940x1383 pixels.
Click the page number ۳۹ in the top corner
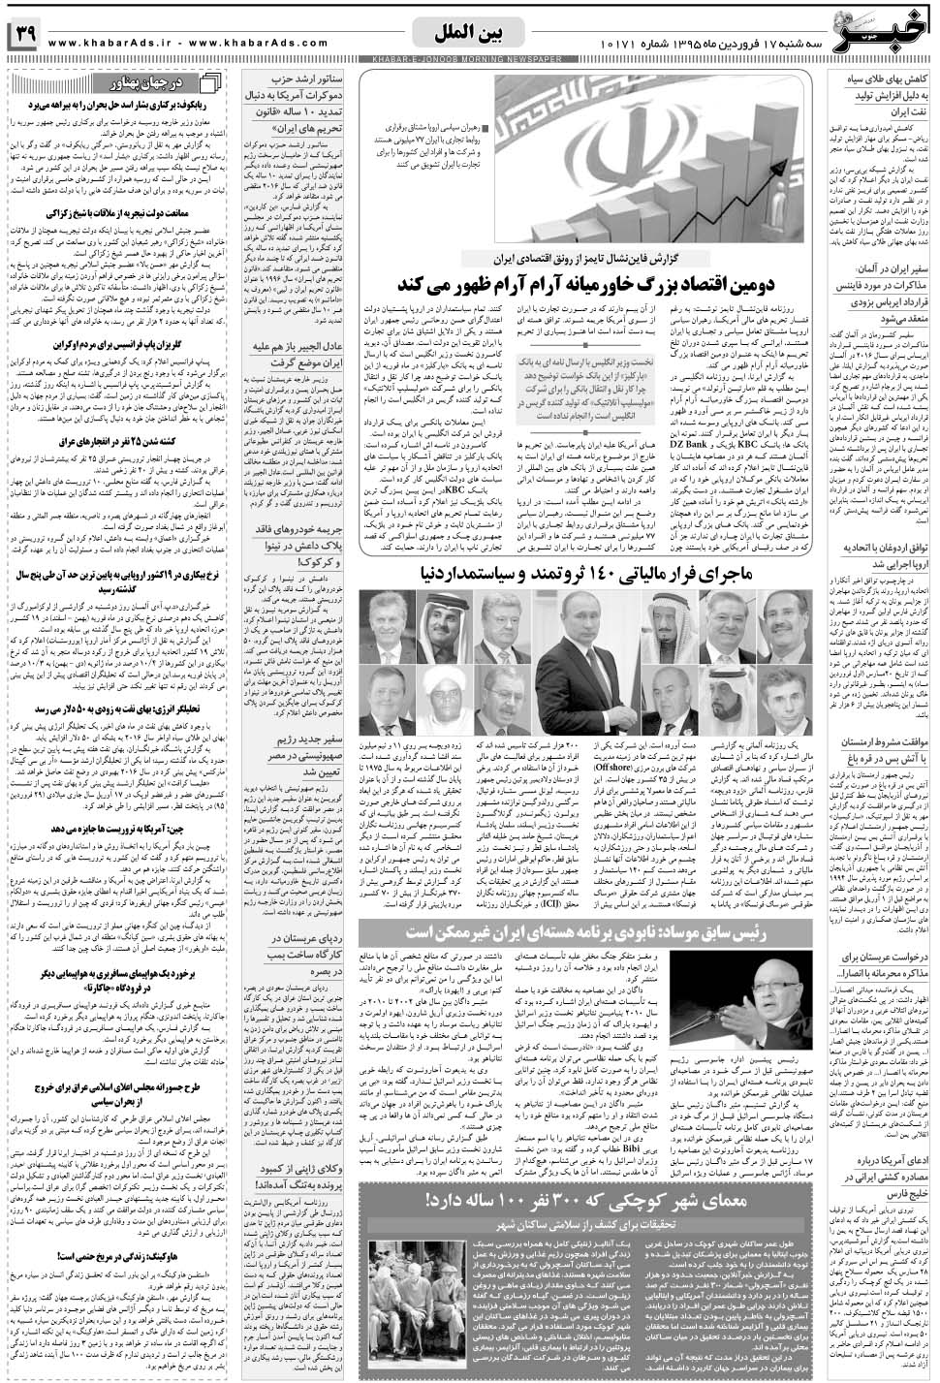(x=23, y=36)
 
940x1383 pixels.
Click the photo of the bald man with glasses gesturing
(x=786, y=1013)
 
